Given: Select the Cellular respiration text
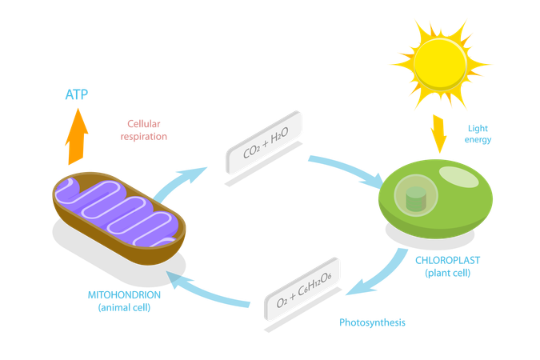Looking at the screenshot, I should tap(144, 130).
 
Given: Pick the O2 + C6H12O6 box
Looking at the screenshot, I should tap(304, 296).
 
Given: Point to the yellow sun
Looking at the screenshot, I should tap(437, 62).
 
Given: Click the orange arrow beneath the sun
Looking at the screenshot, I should tap(439, 133).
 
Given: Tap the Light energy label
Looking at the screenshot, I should tap(478, 134).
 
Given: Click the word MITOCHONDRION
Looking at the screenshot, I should tap(131, 294).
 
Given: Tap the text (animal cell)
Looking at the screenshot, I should tap(131, 306).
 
